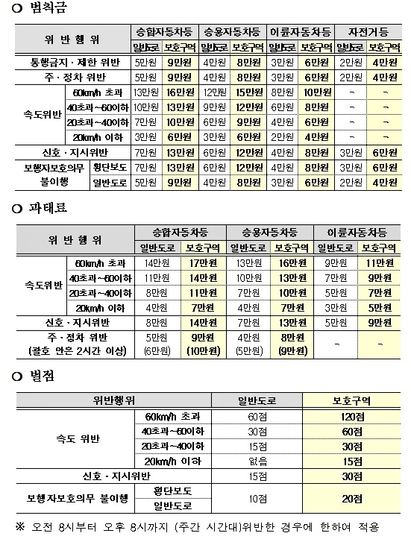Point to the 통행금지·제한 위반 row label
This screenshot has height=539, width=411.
69,62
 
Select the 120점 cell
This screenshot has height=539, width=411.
351,416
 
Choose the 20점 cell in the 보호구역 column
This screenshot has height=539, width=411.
351,497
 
